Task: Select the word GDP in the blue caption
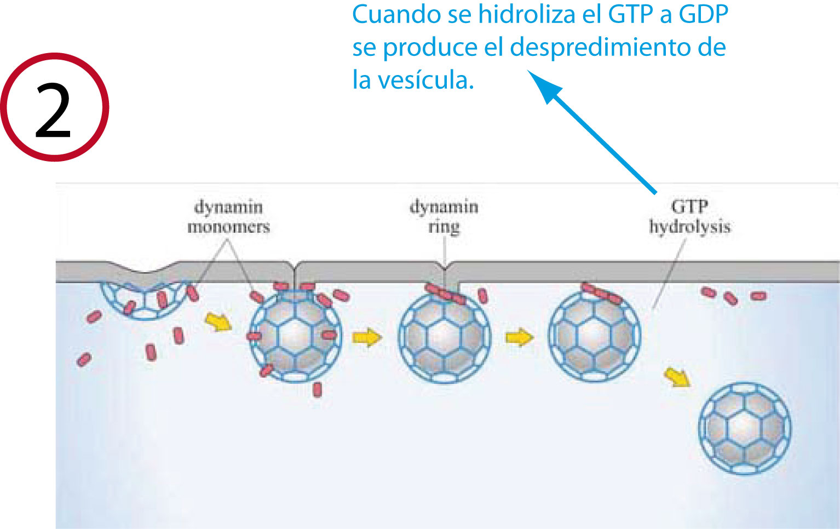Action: click(703, 14)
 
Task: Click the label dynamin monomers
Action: click(228, 217)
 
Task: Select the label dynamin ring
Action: click(444, 217)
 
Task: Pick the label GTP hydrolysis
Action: click(689, 217)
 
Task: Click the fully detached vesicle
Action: click(744, 428)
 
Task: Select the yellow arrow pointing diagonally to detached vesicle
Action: click(677, 377)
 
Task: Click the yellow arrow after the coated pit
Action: click(218, 321)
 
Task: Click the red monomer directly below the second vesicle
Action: click(317, 389)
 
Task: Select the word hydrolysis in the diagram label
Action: click(689, 227)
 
